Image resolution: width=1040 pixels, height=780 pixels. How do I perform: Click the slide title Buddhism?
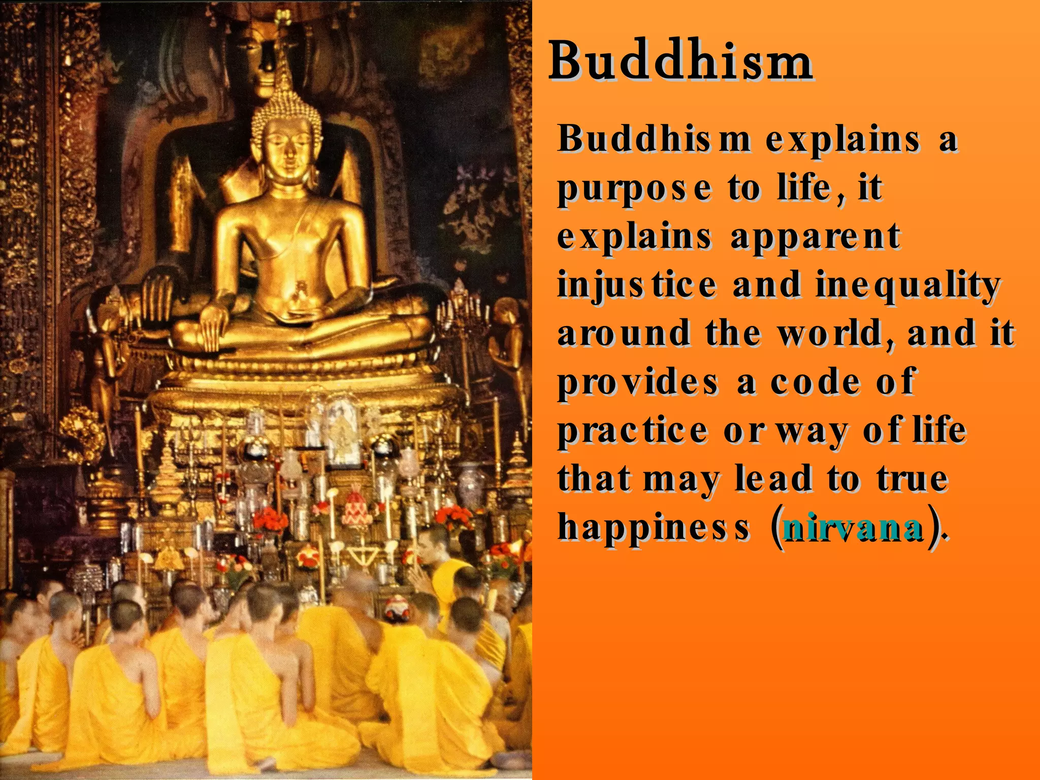point(680,61)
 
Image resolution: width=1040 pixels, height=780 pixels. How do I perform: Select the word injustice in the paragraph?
point(637,285)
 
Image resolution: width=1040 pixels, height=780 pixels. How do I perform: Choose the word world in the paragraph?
point(836,334)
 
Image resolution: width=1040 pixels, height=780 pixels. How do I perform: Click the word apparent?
point(816,237)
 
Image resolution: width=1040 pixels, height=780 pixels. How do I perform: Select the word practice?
point(633,431)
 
